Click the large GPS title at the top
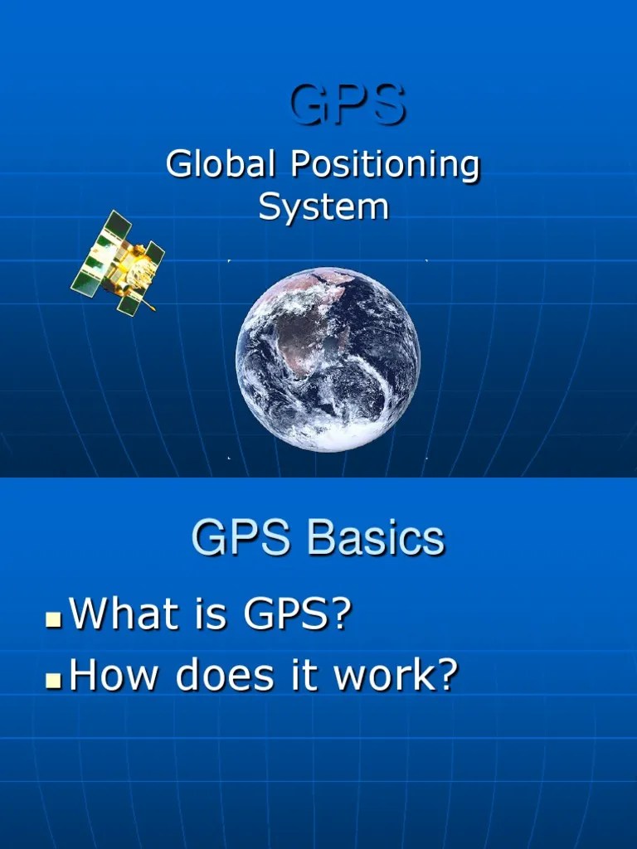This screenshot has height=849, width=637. pyautogui.click(x=348, y=106)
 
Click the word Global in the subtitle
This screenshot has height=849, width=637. pyautogui.click(x=220, y=165)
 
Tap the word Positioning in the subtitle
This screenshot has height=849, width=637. pyautogui.click(x=384, y=165)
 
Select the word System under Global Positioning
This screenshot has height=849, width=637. pyautogui.click(x=323, y=206)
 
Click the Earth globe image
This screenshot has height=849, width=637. pyautogui.click(x=328, y=358)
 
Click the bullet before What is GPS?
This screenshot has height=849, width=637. pyautogui.click(x=54, y=619)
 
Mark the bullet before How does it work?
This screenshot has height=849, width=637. pyautogui.click(x=54, y=681)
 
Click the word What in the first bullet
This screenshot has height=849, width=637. pyautogui.click(x=124, y=614)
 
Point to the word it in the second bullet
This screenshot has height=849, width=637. pyautogui.click(x=307, y=676)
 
